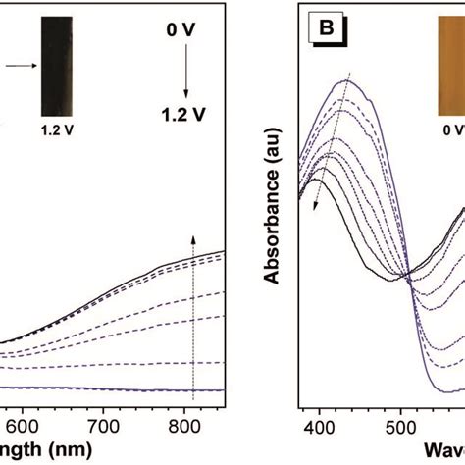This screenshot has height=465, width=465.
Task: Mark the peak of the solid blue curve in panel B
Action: click(x=343, y=80)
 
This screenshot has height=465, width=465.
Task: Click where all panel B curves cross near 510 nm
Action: click(x=407, y=279)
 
